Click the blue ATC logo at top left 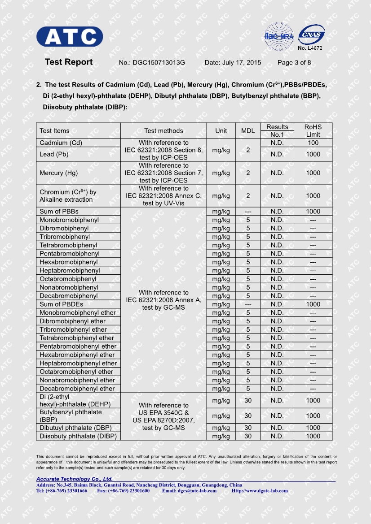[x=70, y=36]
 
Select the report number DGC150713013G [x=159, y=63]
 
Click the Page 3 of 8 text [x=294, y=63]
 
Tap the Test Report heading [x=69, y=62]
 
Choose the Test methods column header [x=163, y=131]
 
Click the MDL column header [x=248, y=131]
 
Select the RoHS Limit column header [x=313, y=131]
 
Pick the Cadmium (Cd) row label [x=61, y=143]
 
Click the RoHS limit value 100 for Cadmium [x=313, y=143]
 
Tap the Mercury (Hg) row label [x=57, y=173]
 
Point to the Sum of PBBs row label [x=59, y=212]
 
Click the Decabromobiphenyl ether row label [x=77, y=389]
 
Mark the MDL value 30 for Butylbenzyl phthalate [x=248, y=416]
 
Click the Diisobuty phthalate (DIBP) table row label [x=78, y=436]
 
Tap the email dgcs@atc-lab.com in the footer [x=198, y=491]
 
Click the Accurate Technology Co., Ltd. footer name [x=75, y=480]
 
